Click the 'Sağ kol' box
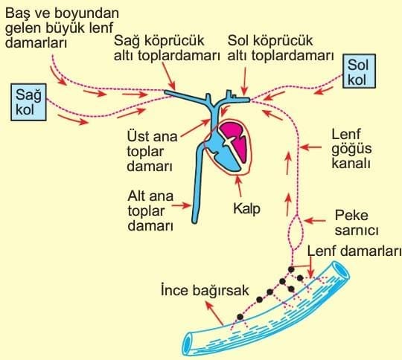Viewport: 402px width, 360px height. tap(28, 102)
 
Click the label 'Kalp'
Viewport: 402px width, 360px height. tap(246, 208)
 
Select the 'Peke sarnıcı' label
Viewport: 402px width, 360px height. tap(357, 223)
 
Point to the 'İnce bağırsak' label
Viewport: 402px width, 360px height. tap(205, 290)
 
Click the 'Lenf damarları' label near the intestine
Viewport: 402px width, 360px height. tap(354, 251)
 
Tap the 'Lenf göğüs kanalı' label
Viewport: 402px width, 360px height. tap(351, 149)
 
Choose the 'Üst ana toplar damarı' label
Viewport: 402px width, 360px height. tap(153, 151)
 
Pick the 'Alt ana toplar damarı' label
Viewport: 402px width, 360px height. tap(150, 211)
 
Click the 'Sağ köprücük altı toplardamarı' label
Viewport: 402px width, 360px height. tap(167, 48)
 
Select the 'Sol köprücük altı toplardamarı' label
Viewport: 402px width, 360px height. tap(281, 48)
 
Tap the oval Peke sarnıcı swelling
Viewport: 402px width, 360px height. tap(297, 232)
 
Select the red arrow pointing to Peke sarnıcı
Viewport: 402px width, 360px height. tap(315, 221)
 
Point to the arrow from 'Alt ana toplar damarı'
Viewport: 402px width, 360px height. tap(181, 205)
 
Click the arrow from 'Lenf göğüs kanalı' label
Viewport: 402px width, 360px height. tap(310, 147)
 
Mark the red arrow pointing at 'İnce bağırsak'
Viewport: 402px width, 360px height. tap(214, 313)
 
